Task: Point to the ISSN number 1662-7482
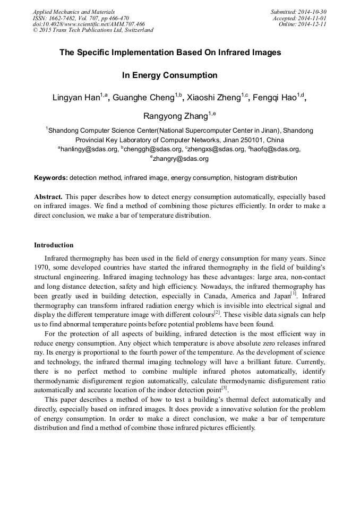pos(63,18)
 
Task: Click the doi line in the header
pos(89,24)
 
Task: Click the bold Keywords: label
pos(51,178)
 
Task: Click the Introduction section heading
pos(54,245)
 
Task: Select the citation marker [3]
pos(224,388)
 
